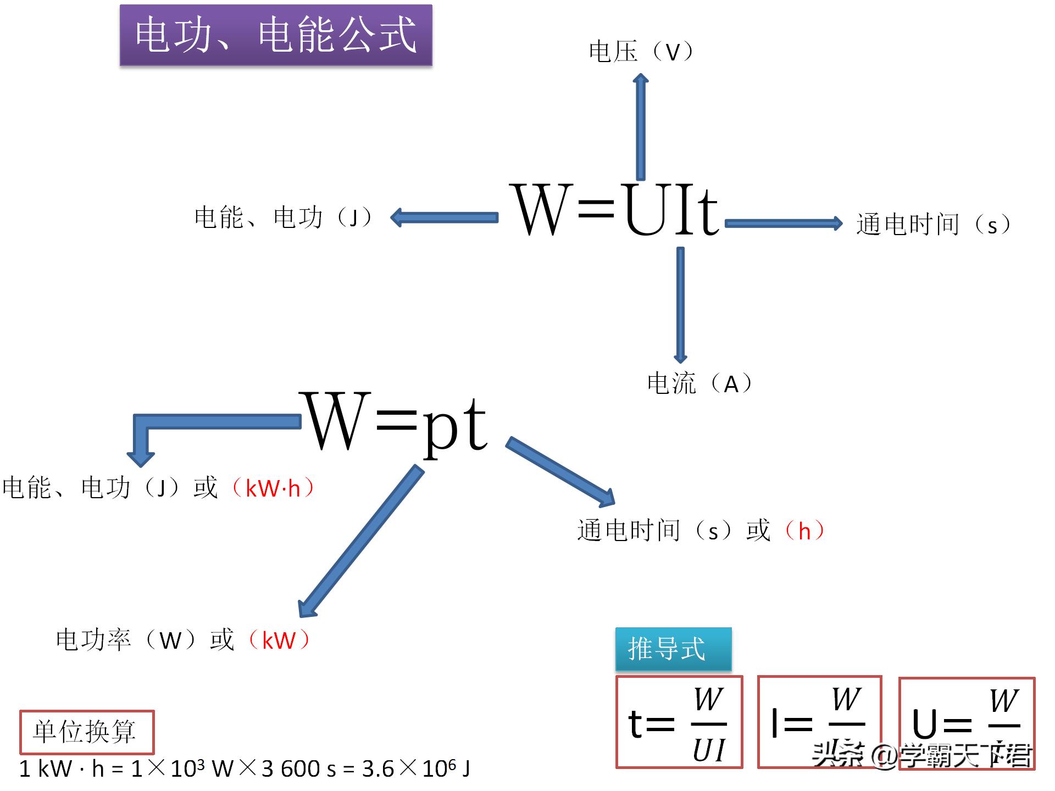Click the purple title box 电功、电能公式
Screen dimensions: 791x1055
pyautogui.click(x=276, y=35)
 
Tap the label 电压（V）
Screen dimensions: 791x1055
pyautogui.click(x=641, y=52)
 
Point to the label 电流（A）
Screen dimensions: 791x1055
pyautogui.click(x=699, y=383)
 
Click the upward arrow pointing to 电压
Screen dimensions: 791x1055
pyautogui.click(x=640, y=126)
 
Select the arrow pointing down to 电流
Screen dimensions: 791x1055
pyautogui.click(x=680, y=305)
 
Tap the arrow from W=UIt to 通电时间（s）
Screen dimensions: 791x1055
pyautogui.click(x=783, y=224)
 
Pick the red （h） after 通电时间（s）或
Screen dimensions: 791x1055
pyautogui.click(x=804, y=531)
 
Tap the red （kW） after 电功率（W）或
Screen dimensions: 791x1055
pyautogui.click(x=279, y=640)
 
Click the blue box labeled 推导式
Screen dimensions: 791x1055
pyautogui.click(x=673, y=649)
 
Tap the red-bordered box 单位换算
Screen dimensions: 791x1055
pyautogui.click(x=86, y=732)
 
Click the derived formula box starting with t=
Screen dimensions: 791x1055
pyautogui.click(x=679, y=722)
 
